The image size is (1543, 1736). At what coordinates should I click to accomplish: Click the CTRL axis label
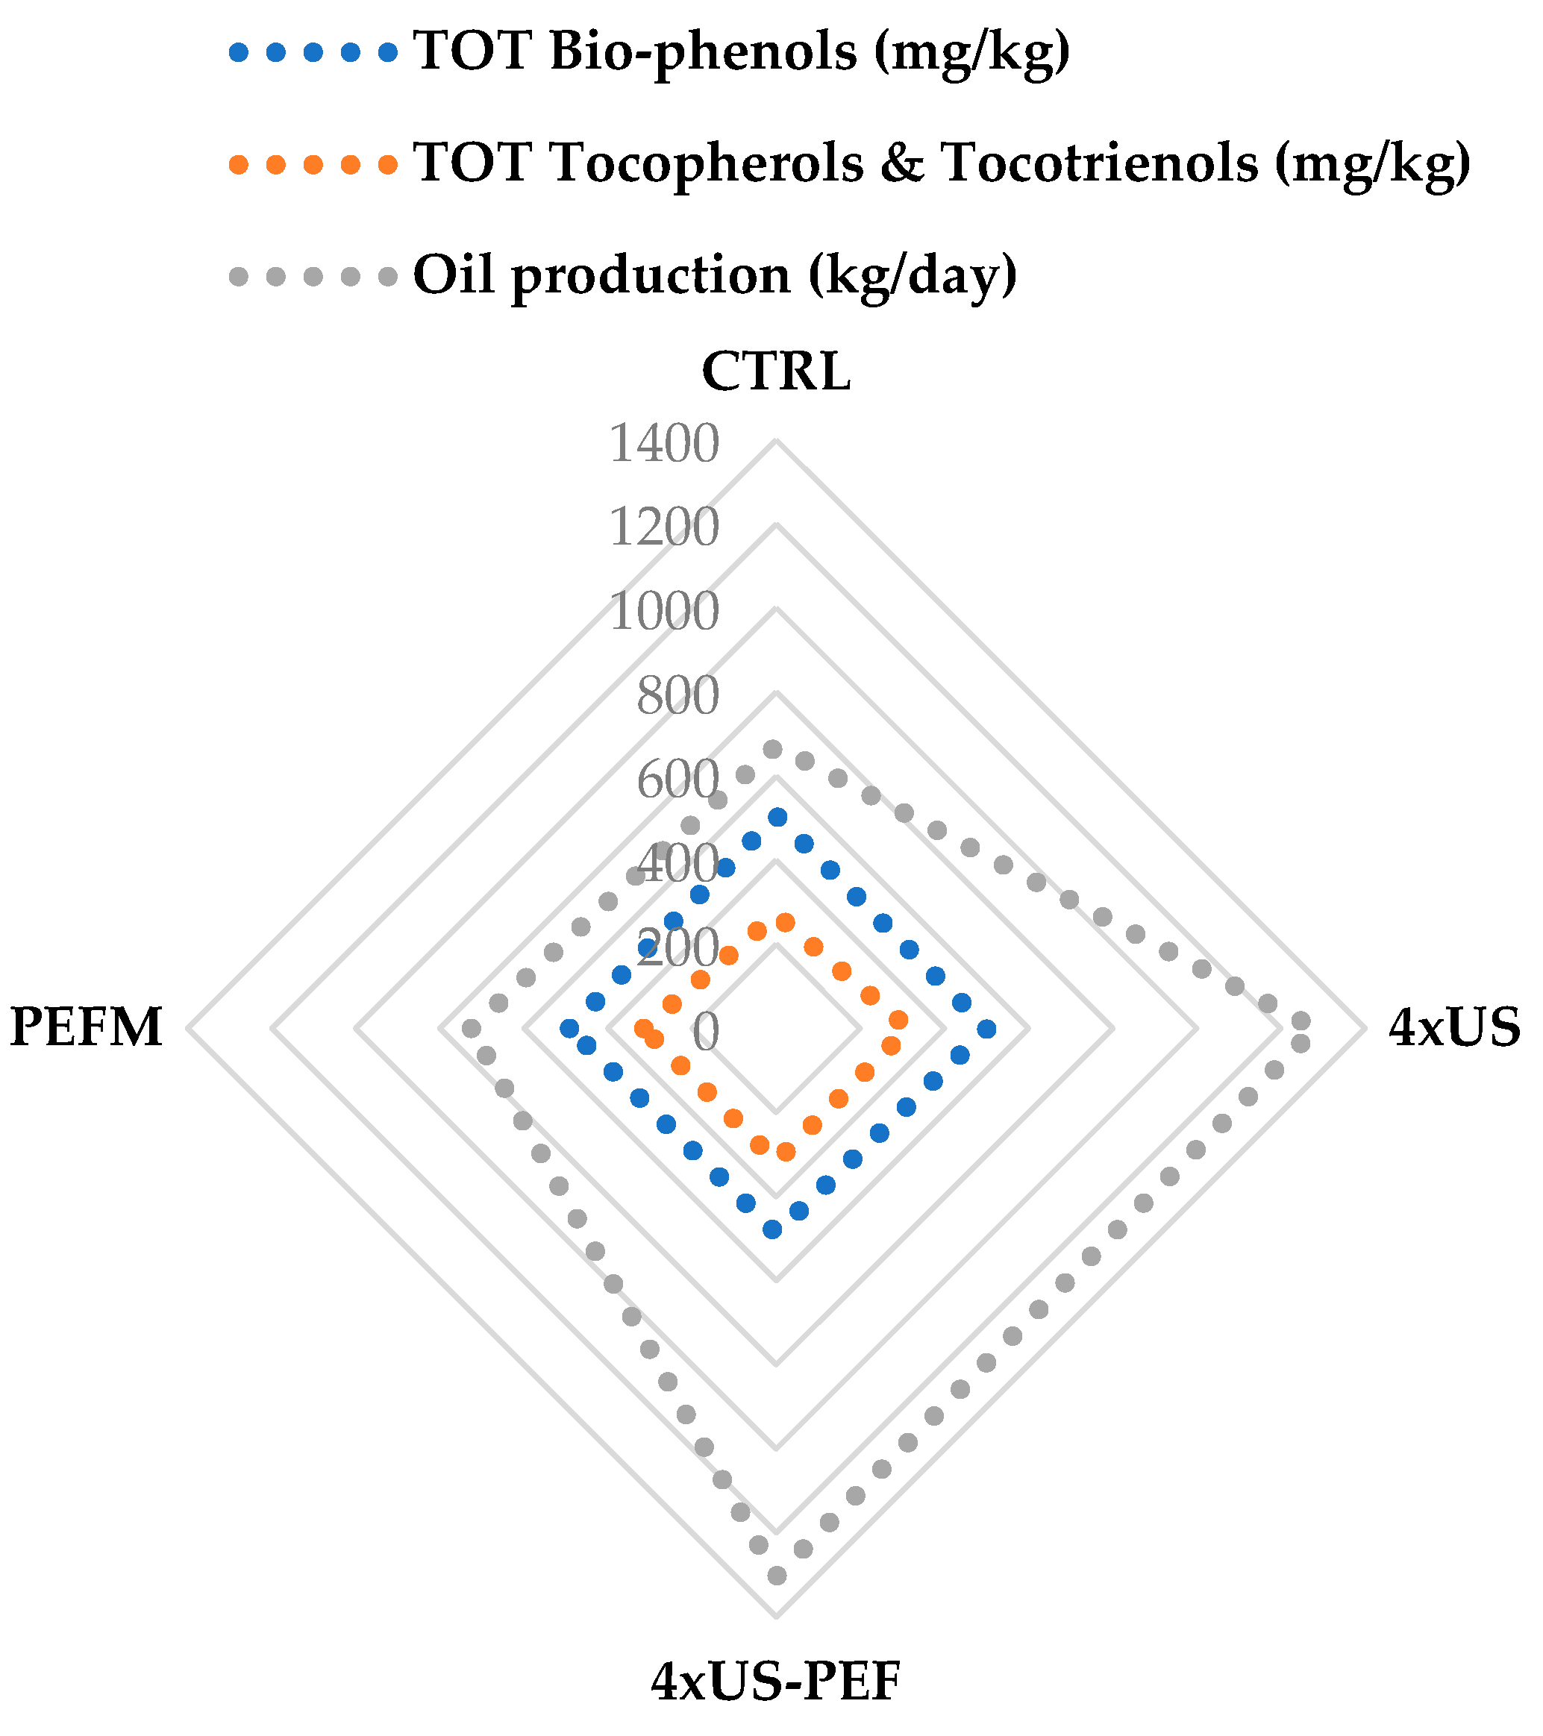(x=776, y=372)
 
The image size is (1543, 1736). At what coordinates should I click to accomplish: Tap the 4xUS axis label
(x=1453, y=1028)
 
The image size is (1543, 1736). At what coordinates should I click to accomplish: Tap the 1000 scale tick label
(x=663, y=612)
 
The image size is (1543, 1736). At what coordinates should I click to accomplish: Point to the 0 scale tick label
(x=705, y=1032)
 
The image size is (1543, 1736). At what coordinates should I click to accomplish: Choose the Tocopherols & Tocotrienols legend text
(x=942, y=163)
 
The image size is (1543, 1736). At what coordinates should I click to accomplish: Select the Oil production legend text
(x=715, y=275)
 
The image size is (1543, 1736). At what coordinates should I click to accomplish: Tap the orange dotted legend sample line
(x=313, y=164)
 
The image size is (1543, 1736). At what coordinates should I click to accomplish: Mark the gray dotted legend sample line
(x=313, y=276)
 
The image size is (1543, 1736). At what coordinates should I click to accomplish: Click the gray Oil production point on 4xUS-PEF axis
(x=776, y=1576)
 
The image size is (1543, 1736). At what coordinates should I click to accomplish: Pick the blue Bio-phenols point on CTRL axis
(x=777, y=817)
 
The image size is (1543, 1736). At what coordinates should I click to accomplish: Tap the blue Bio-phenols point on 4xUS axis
(x=986, y=1030)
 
